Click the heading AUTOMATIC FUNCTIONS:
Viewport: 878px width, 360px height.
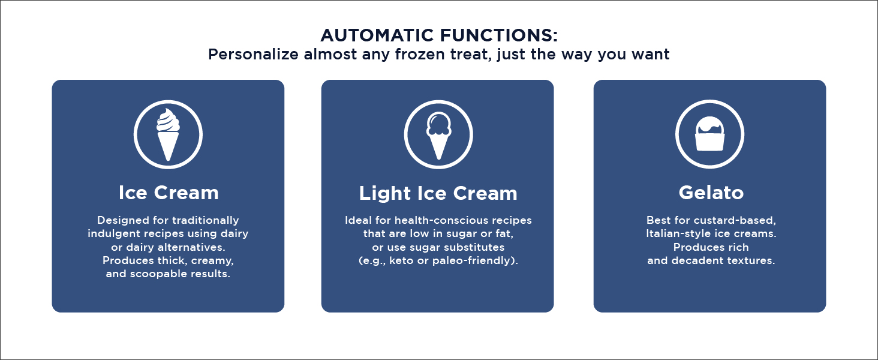pyautogui.click(x=439, y=35)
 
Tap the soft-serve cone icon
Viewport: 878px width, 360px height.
pyautogui.click(x=168, y=134)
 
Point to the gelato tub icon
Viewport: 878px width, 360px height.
pyautogui.click(x=709, y=134)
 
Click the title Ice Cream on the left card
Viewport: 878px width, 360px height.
pyautogui.click(x=169, y=193)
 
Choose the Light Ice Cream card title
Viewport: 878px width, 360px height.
pyautogui.click(x=438, y=193)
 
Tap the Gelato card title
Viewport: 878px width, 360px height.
pyautogui.click(x=711, y=193)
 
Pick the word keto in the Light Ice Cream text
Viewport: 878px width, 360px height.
pyautogui.click(x=401, y=260)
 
